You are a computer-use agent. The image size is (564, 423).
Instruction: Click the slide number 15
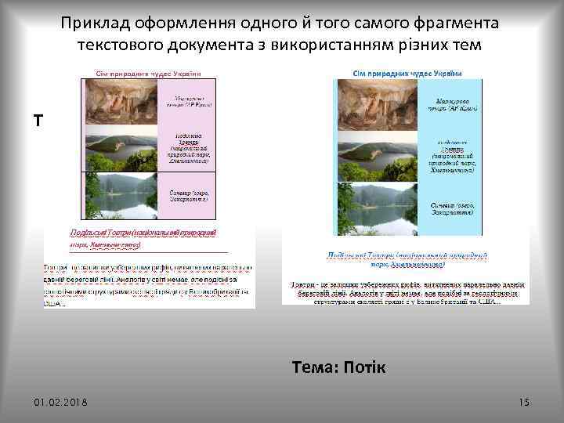(524, 402)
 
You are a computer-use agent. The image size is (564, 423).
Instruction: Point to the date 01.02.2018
(61, 403)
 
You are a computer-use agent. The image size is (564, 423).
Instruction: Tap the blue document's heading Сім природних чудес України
(407, 73)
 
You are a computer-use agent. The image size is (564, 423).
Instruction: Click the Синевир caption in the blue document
(454, 208)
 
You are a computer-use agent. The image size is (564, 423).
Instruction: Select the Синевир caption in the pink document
(188, 195)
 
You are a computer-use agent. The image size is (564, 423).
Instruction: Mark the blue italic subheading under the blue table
(403, 259)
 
